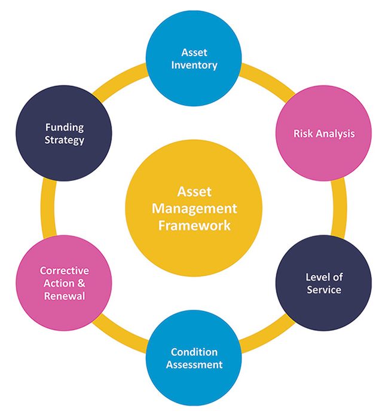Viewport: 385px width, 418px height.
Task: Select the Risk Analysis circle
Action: click(323, 134)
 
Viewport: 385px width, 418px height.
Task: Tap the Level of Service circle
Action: click(323, 283)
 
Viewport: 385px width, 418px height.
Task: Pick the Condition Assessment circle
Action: click(194, 358)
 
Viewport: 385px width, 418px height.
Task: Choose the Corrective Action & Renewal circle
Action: click(65, 283)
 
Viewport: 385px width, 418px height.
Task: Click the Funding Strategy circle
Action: click(65, 134)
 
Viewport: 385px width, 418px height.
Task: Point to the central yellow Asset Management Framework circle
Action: click(194, 208)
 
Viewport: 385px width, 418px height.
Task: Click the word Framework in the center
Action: click(194, 226)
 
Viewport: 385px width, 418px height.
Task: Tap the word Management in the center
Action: click(194, 209)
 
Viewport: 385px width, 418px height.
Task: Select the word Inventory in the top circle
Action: click(194, 64)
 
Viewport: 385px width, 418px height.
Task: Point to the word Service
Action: click(323, 290)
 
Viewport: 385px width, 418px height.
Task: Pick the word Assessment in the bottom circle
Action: click(194, 364)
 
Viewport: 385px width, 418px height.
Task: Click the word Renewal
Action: click(65, 296)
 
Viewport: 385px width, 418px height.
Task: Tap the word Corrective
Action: click(65, 271)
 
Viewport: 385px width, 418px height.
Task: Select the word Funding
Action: click(65, 128)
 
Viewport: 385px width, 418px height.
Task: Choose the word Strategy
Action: click(65, 140)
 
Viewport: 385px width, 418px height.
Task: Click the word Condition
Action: click(194, 352)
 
